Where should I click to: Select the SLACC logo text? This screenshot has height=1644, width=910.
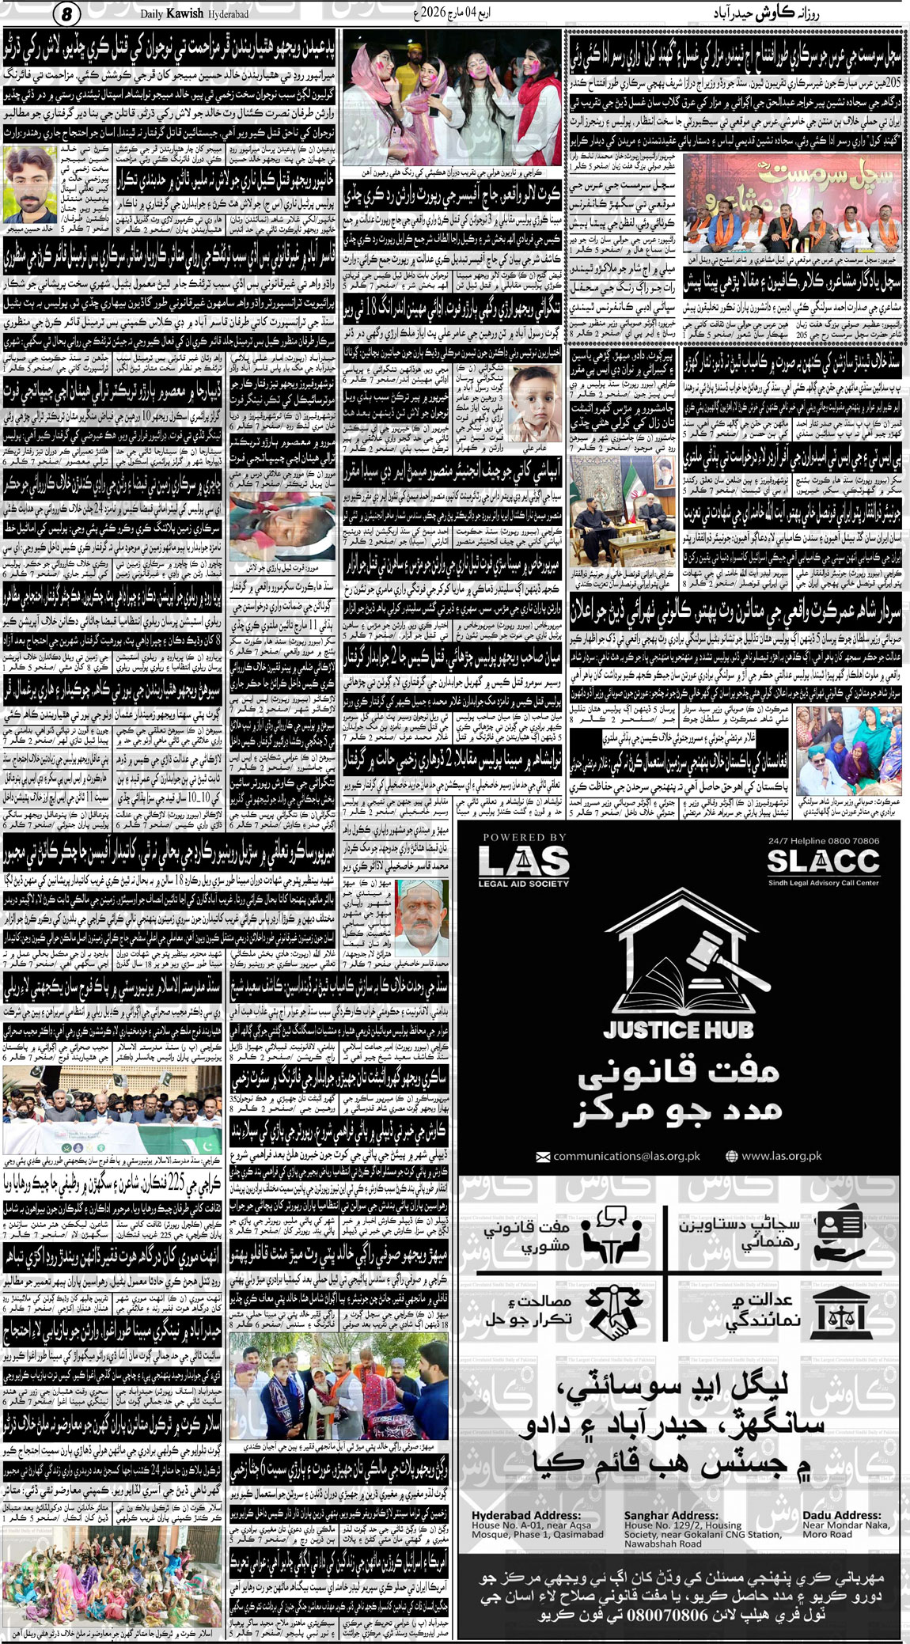point(823,860)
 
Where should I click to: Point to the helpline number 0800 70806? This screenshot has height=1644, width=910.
point(844,841)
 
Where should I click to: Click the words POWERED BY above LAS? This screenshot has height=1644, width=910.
point(525,837)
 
